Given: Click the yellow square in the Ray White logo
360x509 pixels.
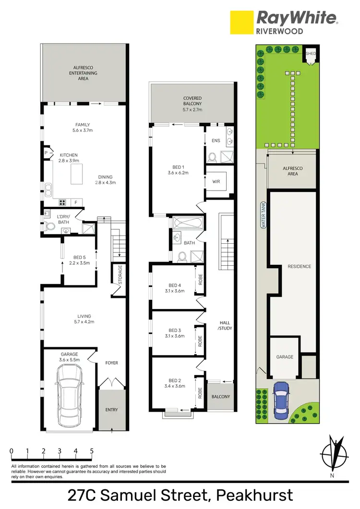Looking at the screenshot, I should click(x=241, y=23).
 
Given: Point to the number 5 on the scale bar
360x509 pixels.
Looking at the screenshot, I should click(x=91, y=451).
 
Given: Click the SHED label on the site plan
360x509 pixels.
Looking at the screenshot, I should click(x=311, y=53).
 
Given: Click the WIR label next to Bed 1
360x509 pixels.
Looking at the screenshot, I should click(x=216, y=182).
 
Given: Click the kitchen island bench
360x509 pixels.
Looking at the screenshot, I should click(x=77, y=173).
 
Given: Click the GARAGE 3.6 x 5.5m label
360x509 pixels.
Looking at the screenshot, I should click(x=68, y=356).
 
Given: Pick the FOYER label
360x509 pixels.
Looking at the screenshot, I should click(x=111, y=363).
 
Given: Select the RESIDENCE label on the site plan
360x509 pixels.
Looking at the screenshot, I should click(x=300, y=266).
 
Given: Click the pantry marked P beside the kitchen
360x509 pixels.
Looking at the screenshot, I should click(x=46, y=153).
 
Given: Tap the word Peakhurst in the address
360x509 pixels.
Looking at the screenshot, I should click(x=254, y=495).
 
